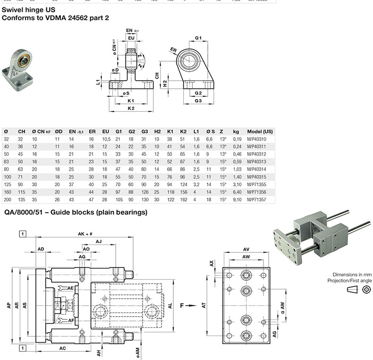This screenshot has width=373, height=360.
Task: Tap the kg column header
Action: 236,132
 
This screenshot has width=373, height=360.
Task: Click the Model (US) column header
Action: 260,132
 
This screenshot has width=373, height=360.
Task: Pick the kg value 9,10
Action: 237,200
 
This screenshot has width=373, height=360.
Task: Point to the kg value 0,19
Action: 237,139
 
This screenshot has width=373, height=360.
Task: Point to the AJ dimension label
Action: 99,241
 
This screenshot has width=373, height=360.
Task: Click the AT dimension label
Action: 204,305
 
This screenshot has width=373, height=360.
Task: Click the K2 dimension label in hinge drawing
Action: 131,108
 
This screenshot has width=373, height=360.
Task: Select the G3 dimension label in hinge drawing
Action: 198,101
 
